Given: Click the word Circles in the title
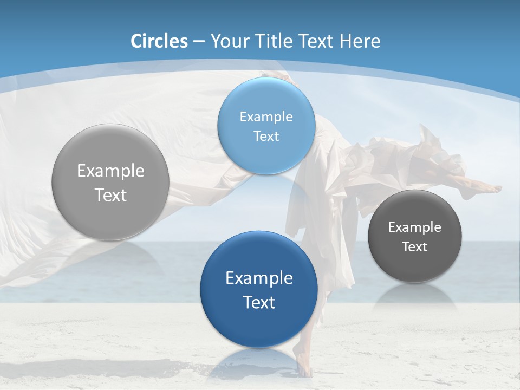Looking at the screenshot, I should coord(159,41).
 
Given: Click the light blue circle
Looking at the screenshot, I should coord(266,126).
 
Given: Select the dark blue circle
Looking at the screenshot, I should coord(259,289).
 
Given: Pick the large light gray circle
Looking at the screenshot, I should coord(110,182).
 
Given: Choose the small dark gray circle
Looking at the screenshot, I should coord(415,236).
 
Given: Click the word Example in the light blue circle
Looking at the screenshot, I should coord(266,116).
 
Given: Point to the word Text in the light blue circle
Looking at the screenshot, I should coord(266,136).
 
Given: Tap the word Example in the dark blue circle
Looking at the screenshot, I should coord(259,278).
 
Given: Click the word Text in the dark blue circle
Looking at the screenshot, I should coord(259,302).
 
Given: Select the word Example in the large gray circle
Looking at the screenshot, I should coord(110,171).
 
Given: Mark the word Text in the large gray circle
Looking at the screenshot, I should coord(110,195).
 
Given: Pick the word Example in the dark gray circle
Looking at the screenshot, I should coord(415,227).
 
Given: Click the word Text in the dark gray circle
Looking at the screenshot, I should coord(415,246).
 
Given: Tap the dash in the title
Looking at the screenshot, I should coord(199,42).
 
